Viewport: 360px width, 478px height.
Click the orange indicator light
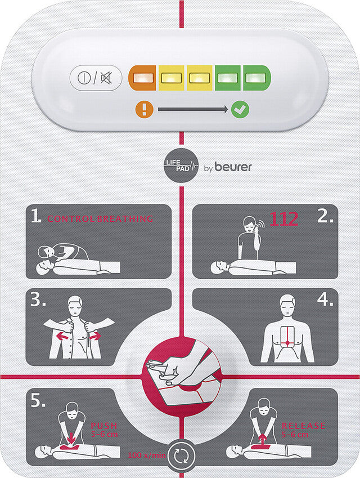click(x=142, y=78)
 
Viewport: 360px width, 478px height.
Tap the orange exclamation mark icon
click(x=144, y=109)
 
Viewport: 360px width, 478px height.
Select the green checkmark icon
click(x=240, y=110)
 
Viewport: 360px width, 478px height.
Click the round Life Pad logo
click(x=181, y=166)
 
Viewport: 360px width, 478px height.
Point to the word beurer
click(x=233, y=167)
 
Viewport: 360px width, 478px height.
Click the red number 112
click(x=284, y=219)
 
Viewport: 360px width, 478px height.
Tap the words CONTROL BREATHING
click(x=100, y=218)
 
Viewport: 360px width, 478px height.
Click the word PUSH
click(x=104, y=426)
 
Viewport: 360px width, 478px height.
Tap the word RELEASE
click(x=303, y=426)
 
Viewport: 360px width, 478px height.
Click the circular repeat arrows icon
click(x=181, y=455)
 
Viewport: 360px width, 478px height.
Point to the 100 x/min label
click(x=146, y=455)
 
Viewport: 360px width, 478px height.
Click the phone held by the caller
click(x=256, y=225)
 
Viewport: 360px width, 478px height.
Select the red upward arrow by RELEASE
click(x=263, y=440)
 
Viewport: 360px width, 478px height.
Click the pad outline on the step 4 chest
click(x=287, y=337)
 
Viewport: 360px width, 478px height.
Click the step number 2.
click(x=325, y=216)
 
